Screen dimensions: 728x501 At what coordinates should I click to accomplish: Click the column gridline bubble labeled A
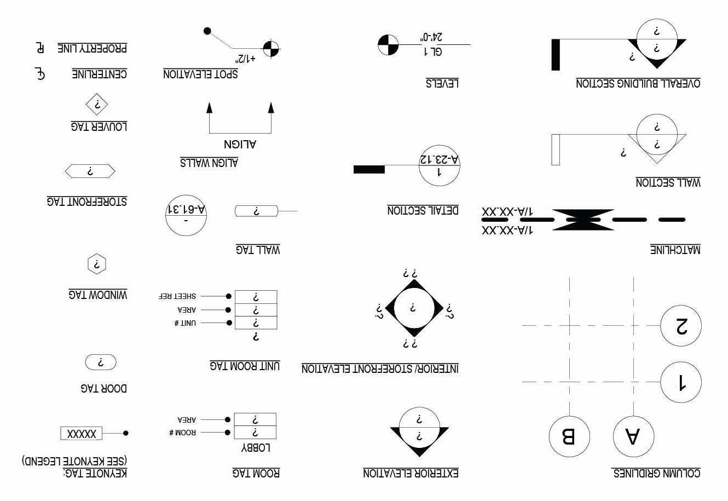click(633, 436)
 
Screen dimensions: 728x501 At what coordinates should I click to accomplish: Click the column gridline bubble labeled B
click(569, 436)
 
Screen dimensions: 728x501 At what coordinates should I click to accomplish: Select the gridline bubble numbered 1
click(681, 382)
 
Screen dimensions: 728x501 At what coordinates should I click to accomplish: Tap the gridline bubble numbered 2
click(681, 326)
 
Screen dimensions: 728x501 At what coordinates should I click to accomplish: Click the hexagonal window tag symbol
click(97, 264)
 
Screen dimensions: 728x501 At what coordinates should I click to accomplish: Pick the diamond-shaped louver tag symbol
click(97, 105)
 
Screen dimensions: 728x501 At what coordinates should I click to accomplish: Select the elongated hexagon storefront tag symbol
click(90, 171)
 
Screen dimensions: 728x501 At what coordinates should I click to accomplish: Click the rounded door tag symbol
click(101, 362)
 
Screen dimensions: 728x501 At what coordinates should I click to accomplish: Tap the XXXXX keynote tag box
click(81, 434)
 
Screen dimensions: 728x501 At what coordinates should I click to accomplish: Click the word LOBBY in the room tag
click(256, 448)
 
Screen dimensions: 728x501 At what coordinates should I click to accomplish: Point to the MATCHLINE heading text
click(675, 250)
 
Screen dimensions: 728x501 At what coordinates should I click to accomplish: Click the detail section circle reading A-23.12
click(439, 165)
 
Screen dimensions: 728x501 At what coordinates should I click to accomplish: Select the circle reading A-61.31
click(186, 215)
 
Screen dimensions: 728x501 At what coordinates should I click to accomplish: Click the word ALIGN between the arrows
click(240, 145)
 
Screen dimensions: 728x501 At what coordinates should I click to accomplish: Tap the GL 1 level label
click(432, 51)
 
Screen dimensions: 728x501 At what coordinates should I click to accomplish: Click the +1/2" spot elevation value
click(246, 57)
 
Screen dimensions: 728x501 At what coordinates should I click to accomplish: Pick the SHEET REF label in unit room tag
click(177, 296)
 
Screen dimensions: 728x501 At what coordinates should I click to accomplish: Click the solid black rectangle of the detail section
click(369, 170)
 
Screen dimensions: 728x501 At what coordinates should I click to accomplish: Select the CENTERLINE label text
click(99, 74)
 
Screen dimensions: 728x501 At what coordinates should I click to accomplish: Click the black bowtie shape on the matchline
click(583, 220)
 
